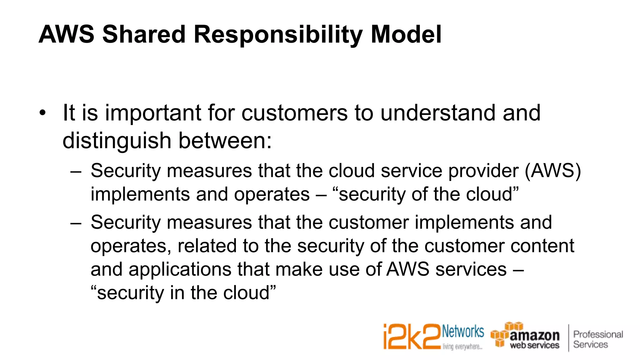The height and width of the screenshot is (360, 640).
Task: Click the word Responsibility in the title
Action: (x=278, y=34)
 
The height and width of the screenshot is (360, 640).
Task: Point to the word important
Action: (x=153, y=113)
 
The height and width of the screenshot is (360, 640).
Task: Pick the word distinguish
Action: (x=117, y=141)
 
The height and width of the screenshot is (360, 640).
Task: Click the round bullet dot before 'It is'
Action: (x=42, y=113)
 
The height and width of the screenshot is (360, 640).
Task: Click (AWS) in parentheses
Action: (x=553, y=171)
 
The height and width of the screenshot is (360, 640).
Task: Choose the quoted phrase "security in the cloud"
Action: (x=183, y=293)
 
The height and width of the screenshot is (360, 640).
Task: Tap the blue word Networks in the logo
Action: (x=463, y=331)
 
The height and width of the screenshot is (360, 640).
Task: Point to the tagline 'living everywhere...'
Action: (x=462, y=347)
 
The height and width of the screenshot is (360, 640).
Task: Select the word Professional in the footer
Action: (x=598, y=334)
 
